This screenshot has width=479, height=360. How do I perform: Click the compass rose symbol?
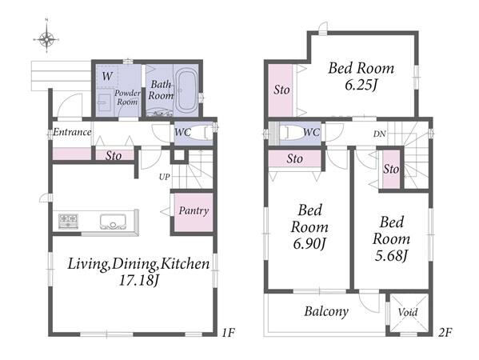[x=46, y=39]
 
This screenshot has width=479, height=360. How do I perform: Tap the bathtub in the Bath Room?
[x=186, y=90]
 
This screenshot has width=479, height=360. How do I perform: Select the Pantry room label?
[x=194, y=210]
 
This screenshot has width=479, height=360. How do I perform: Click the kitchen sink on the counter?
[x=113, y=222]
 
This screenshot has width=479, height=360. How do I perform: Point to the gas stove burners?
[x=68, y=222]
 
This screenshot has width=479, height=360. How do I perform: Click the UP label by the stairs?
[x=165, y=177]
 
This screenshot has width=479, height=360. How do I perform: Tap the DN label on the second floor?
[x=379, y=134]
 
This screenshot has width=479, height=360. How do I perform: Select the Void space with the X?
[x=408, y=313]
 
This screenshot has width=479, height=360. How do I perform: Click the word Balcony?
[x=326, y=311]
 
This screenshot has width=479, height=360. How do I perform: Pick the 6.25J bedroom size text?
[x=361, y=86]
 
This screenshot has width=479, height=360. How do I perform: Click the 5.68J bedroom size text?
[x=391, y=256]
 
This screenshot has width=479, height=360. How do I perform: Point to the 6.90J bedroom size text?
[x=309, y=243]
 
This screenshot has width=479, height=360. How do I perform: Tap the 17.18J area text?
[x=138, y=281]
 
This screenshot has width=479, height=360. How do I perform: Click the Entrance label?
[x=72, y=132]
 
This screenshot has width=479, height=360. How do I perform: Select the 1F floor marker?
[x=228, y=333]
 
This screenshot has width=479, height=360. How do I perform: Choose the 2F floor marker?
[x=445, y=333]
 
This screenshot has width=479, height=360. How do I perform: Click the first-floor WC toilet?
[x=199, y=134]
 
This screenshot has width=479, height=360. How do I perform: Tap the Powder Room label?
[x=127, y=98]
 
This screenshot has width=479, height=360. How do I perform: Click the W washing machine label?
[x=107, y=76]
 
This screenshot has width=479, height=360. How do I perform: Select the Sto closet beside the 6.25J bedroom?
[x=281, y=90]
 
